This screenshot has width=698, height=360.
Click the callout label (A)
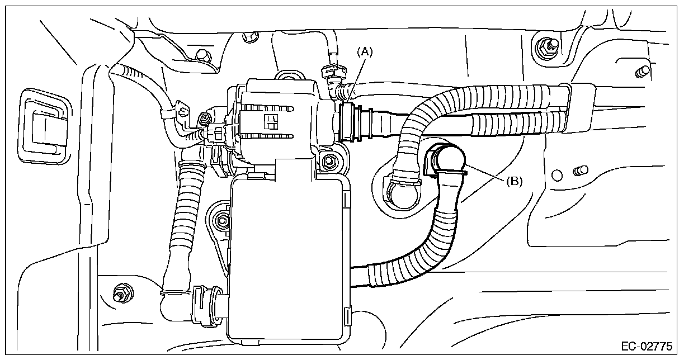tap(365, 52)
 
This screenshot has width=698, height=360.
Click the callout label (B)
tap(513, 181)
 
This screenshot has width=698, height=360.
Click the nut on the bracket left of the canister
tap(223, 220)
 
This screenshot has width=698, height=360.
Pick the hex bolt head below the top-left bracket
tap(203, 55)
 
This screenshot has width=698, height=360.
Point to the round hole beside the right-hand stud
tap(557, 175)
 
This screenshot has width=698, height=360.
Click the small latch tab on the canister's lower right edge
tap(349, 316)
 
